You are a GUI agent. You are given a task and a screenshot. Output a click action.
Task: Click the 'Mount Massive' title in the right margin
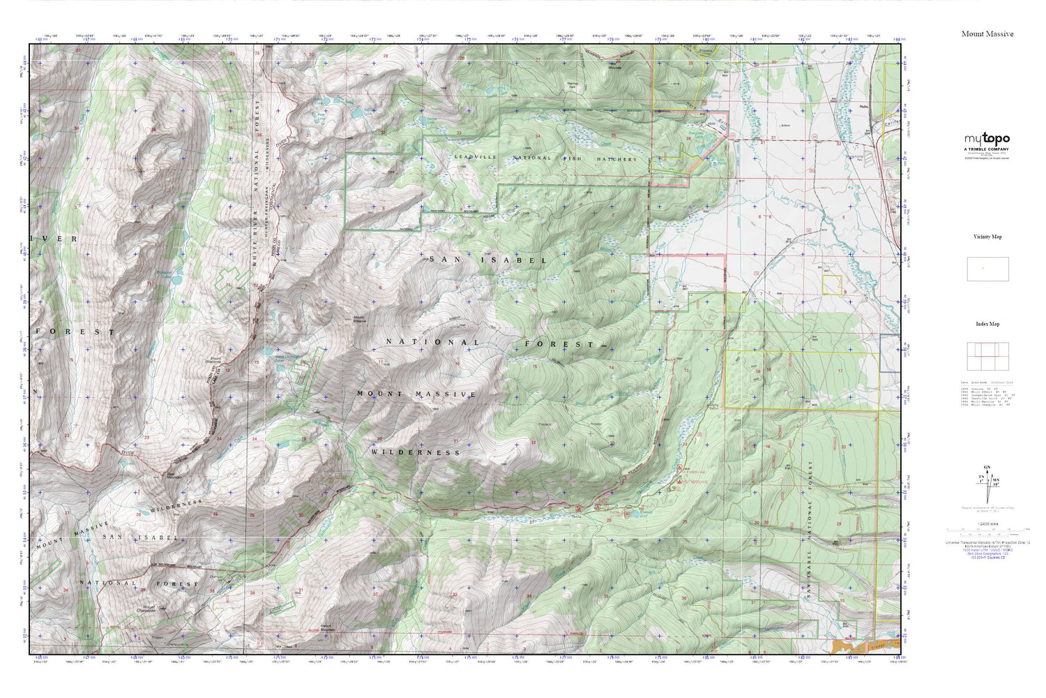(x=987, y=34)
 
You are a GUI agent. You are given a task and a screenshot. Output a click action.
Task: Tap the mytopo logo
(x=987, y=139)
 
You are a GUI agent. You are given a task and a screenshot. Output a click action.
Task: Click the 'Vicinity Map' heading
(x=987, y=237)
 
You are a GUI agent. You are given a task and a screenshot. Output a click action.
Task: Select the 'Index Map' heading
(x=987, y=324)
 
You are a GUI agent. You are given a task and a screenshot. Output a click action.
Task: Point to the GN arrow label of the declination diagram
(x=986, y=467)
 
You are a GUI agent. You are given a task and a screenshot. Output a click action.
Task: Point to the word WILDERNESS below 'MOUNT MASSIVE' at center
(x=416, y=452)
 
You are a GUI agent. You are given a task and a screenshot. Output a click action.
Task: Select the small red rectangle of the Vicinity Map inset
(x=983, y=268)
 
